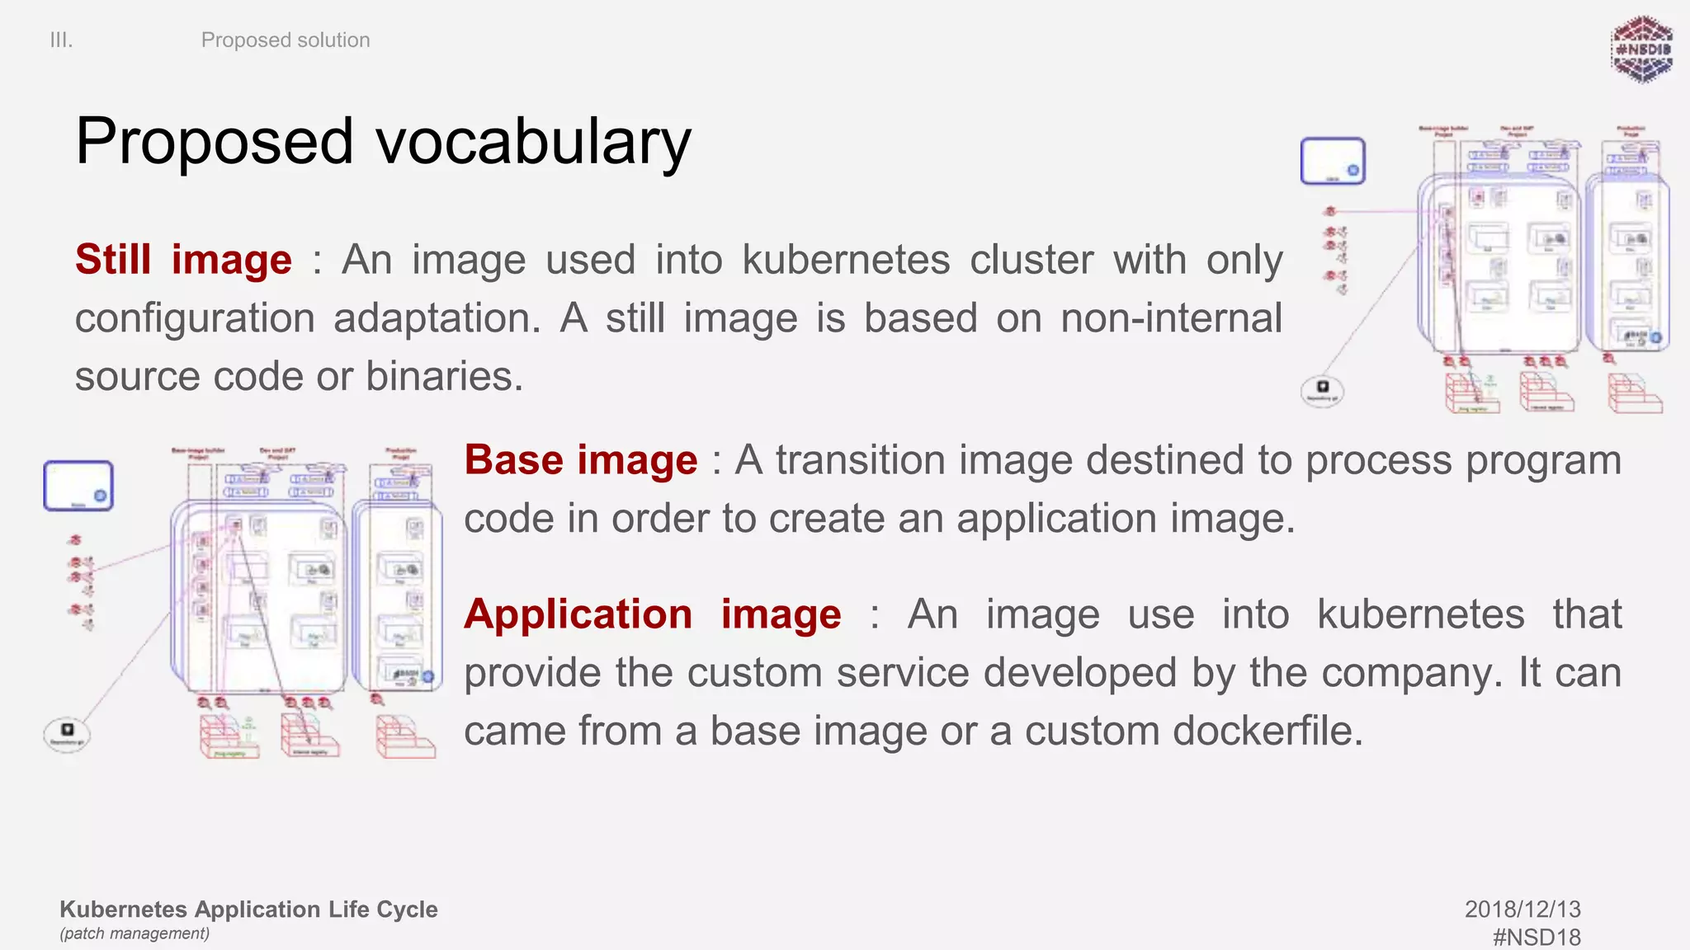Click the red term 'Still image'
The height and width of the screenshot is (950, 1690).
click(183, 260)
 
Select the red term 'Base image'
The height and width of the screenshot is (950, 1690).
click(580, 460)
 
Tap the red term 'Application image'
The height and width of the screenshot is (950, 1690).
click(652, 615)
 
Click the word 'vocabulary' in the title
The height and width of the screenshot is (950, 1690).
click(534, 142)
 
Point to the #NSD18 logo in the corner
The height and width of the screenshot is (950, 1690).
click(1641, 49)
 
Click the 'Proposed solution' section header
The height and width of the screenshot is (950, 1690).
click(286, 40)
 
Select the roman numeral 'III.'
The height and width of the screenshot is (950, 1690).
click(61, 40)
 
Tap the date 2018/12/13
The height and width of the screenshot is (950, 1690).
click(1522, 909)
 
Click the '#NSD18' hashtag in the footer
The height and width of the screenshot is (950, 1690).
click(1537, 937)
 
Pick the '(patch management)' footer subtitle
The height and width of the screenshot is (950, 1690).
click(135, 934)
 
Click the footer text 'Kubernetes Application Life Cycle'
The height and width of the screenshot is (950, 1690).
click(248, 909)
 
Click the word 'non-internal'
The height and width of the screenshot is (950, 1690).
click(1171, 318)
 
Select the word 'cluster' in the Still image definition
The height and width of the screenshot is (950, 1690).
click(1031, 260)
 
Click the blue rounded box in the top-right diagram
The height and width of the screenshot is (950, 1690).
click(1332, 161)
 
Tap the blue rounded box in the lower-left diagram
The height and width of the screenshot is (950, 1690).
click(78, 486)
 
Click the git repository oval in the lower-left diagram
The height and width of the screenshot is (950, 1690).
click(67, 733)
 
